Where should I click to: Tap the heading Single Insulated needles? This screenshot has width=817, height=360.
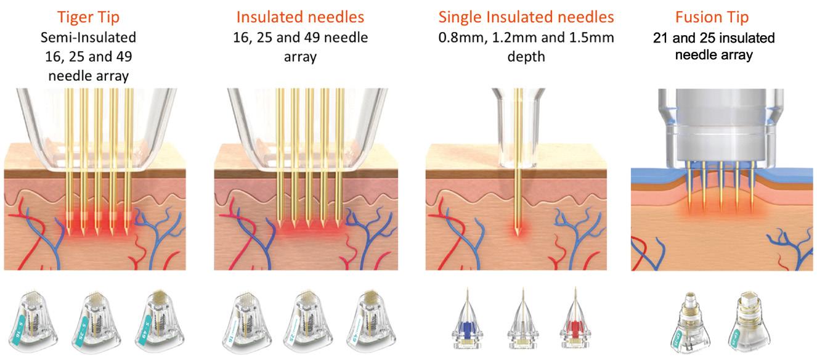coord(514,15)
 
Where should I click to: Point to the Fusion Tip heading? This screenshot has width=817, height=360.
coord(713,15)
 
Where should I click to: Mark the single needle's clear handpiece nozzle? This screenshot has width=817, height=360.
coord(517,123)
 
